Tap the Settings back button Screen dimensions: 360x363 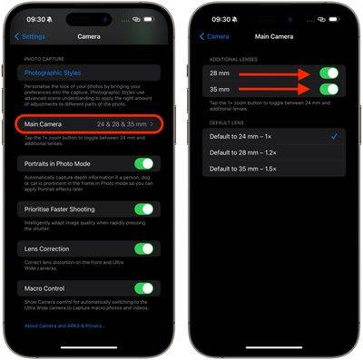pos(31,36)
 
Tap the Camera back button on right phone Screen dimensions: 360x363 pos(216,36)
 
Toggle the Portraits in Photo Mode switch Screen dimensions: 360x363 pos(143,163)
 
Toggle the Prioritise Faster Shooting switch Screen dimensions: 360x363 pos(143,209)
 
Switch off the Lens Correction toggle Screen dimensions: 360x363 pos(143,248)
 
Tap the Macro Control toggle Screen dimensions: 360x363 pos(143,288)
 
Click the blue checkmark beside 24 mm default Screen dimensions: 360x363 pos(335,135)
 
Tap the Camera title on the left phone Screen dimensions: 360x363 pos(89,36)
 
